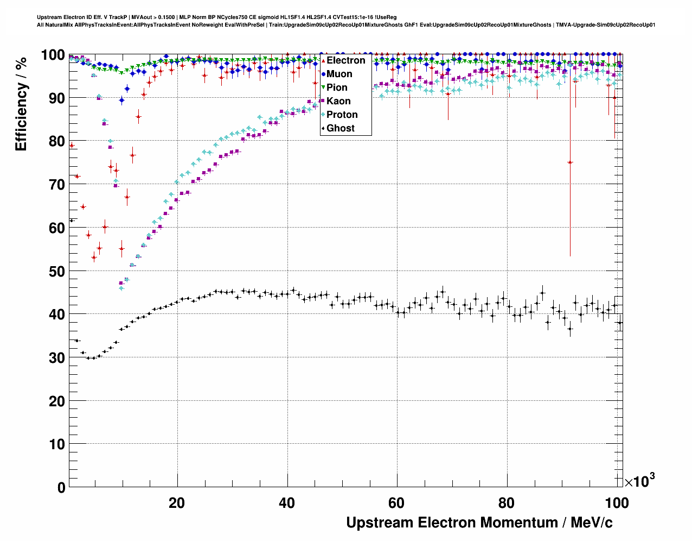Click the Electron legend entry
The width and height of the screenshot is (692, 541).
click(345, 60)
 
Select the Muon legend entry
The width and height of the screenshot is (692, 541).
click(339, 74)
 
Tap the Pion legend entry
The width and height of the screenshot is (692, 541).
click(337, 87)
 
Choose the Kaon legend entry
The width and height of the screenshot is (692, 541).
click(338, 101)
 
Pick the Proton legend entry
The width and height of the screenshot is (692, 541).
click(342, 115)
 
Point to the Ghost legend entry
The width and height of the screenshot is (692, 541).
click(340, 128)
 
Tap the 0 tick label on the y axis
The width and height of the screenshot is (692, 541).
click(61, 488)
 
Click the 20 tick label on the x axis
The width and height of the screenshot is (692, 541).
click(177, 503)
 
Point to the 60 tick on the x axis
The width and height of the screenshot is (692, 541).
click(396, 503)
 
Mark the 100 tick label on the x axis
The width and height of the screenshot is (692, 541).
click(617, 503)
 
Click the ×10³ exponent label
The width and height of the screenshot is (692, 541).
click(639, 481)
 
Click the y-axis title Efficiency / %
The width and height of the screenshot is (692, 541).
click(21, 104)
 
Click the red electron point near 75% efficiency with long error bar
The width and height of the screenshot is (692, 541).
click(570, 162)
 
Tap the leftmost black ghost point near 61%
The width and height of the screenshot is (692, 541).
click(72, 221)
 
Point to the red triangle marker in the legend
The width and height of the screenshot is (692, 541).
click(323, 60)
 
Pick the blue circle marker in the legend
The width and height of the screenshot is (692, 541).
click(323, 74)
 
